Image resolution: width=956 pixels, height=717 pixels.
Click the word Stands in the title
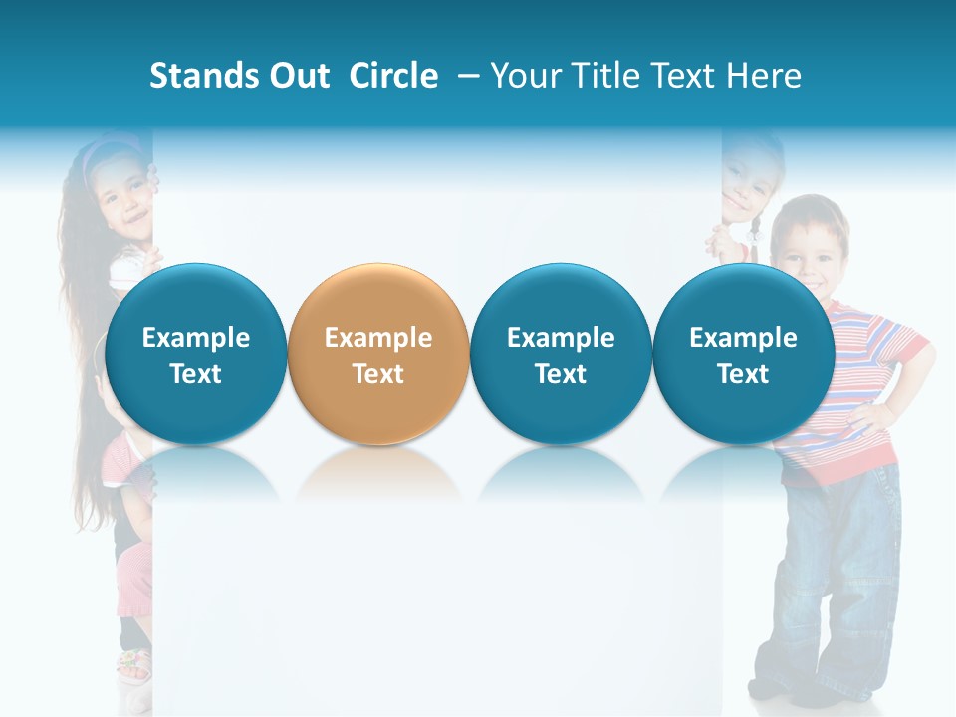(203, 76)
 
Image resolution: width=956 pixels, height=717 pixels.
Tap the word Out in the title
(299, 76)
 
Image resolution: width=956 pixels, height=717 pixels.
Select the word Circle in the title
(393, 76)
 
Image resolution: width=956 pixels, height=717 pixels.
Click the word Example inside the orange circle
(378, 338)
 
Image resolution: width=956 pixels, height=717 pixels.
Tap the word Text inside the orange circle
(378, 374)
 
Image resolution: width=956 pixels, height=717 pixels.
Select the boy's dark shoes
(787, 691)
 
